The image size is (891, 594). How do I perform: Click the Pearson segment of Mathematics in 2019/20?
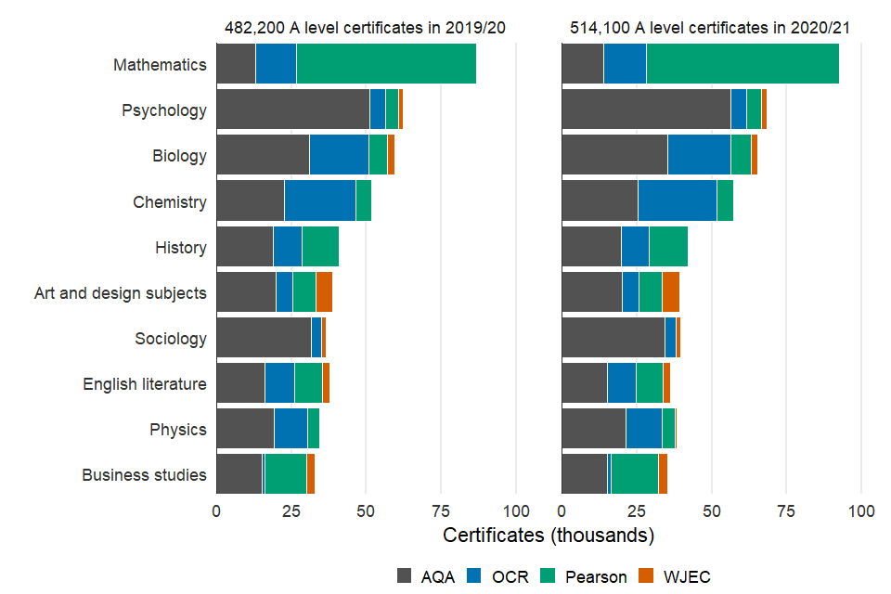point(386,65)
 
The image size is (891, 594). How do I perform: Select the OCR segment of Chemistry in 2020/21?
point(677,201)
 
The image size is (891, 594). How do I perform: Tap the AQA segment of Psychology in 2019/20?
point(292,110)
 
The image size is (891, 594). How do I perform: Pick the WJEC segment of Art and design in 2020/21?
point(671,292)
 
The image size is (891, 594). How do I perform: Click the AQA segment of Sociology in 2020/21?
point(613,338)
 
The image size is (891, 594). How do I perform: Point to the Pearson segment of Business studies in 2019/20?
point(286,474)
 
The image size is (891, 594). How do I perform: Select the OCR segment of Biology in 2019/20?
point(339,156)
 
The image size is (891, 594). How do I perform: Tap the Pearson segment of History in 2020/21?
point(668,247)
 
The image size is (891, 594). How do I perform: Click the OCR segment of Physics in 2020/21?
point(643,429)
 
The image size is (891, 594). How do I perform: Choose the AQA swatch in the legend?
point(405,575)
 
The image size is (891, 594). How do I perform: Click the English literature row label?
point(145,384)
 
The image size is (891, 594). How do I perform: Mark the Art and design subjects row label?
point(121,293)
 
